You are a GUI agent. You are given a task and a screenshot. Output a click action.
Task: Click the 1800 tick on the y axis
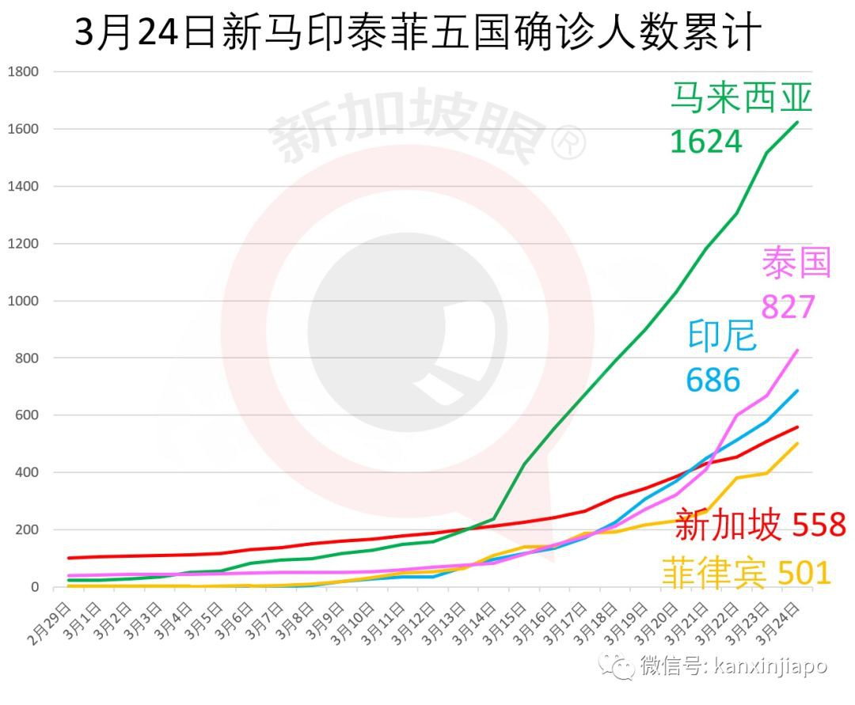tap(23, 72)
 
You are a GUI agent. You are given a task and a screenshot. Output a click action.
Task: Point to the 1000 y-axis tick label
tap(23, 301)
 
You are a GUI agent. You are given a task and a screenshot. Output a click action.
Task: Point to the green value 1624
tap(705, 142)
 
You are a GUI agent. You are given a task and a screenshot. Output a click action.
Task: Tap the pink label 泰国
tap(796, 263)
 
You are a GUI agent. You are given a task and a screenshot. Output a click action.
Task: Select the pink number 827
tap(788, 305)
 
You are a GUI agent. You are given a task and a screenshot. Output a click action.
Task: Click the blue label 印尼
tap(722, 336)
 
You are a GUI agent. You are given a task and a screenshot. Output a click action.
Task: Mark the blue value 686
tap(712, 381)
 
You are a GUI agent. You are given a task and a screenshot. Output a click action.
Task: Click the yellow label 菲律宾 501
tap(746, 571)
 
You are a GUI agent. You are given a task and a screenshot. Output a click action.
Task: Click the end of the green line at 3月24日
tap(797, 122)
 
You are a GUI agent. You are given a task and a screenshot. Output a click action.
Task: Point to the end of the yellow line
tap(797, 443)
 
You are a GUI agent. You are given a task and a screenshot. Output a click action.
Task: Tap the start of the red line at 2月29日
tap(70, 558)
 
